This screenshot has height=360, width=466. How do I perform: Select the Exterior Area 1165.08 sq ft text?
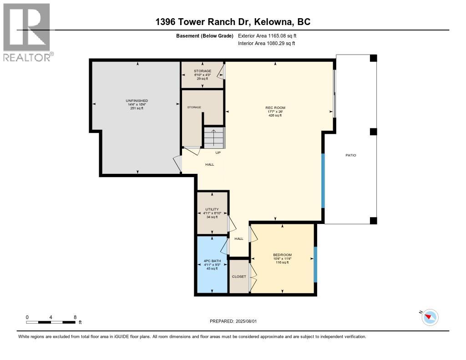pos(267,35)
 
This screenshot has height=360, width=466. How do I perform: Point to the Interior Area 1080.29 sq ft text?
pos(266,43)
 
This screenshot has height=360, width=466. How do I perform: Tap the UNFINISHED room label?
pos(137,101)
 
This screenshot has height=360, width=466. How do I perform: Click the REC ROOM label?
pos(275,108)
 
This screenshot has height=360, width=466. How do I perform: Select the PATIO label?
pos(350,155)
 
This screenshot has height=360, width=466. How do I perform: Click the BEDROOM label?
pos(282,255)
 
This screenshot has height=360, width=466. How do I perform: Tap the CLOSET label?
pos(239,276)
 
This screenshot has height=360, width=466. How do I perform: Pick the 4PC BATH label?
pos(212,261)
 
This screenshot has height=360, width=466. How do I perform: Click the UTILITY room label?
pos(212,209)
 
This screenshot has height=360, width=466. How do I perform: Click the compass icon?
pos(430,317)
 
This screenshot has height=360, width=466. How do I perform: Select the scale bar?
pos(51,322)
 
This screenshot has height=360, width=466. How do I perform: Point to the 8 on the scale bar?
pos(75,317)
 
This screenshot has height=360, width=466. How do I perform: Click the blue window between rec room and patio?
pos(324,181)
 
